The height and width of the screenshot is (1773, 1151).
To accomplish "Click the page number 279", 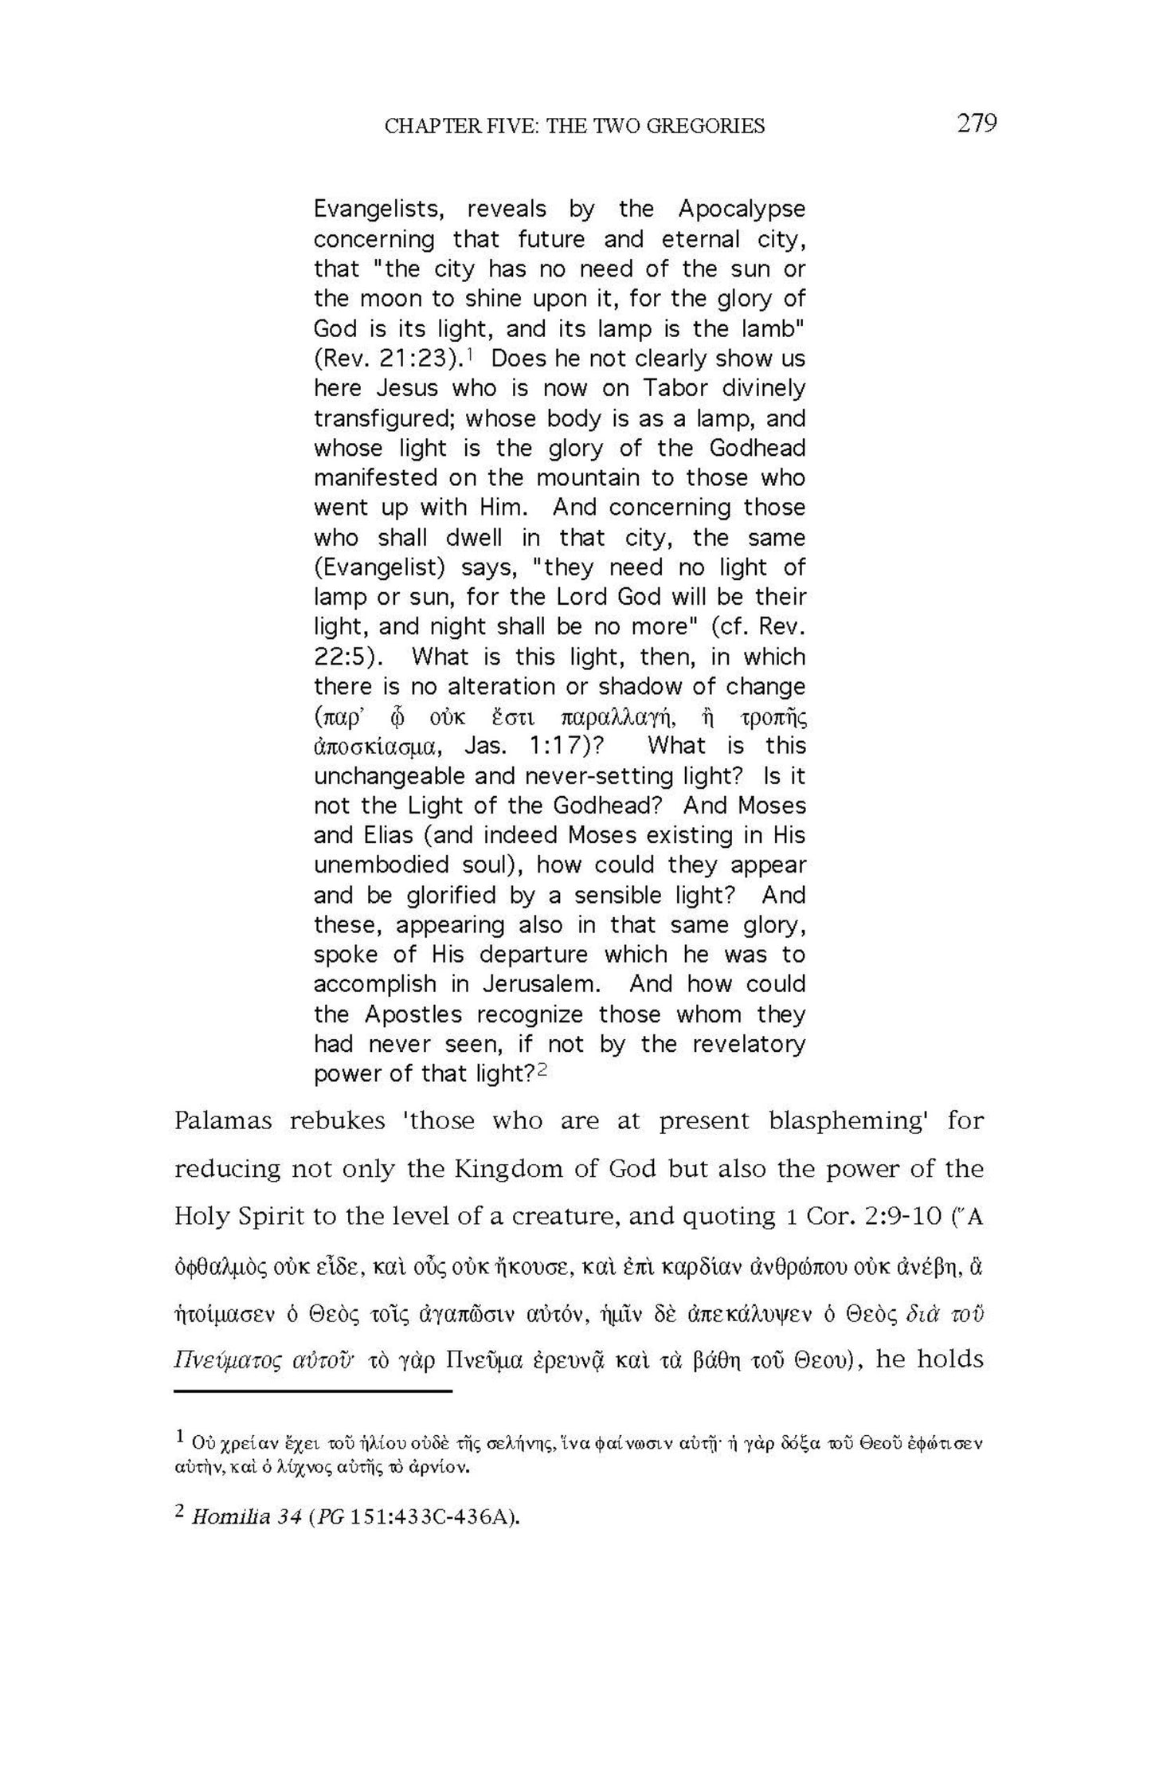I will tap(977, 124).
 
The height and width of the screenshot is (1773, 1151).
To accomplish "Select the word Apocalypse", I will tap(742, 209).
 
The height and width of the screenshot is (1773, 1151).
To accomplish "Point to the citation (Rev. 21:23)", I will tap(387, 359).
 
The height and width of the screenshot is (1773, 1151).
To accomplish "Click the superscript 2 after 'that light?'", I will tap(542, 1071).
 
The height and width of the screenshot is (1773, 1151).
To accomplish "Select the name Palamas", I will tap(223, 1121).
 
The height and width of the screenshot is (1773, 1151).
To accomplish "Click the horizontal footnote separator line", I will tap(312, 1391).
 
